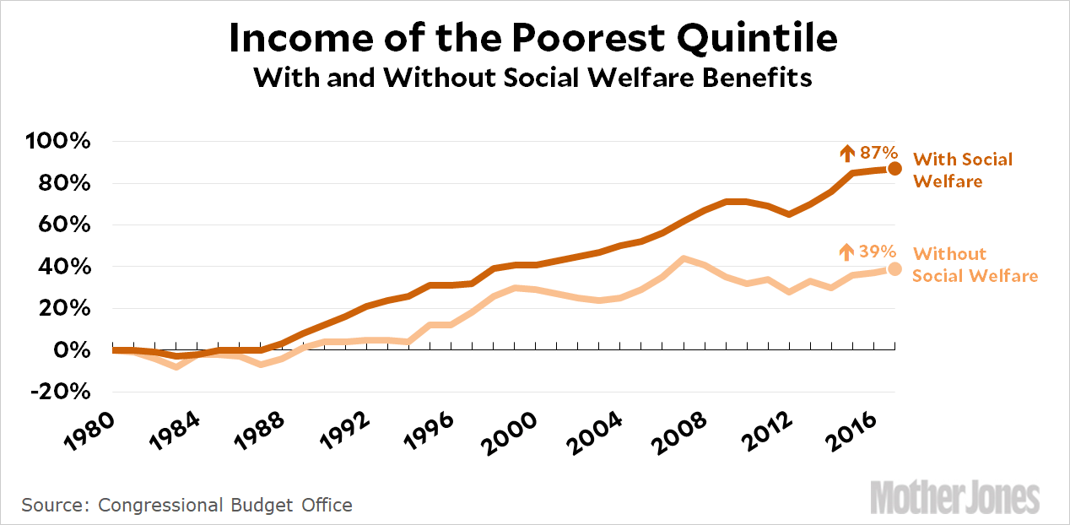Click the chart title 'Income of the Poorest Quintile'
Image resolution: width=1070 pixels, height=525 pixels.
[533, 40]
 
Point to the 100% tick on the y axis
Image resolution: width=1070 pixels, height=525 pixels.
[59, 141]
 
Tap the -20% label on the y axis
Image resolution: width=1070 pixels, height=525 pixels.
[59, 392]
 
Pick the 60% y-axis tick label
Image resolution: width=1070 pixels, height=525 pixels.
[63, 225]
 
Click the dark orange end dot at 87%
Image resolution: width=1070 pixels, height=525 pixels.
[894, 169]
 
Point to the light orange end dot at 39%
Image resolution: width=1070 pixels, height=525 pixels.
[894, 268]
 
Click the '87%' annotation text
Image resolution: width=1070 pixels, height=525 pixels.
[878, 153]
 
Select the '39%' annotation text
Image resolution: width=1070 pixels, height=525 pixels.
[878, 252]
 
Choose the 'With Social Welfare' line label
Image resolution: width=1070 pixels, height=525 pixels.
[962, 170]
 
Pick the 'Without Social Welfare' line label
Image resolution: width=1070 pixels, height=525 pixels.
[975, 264]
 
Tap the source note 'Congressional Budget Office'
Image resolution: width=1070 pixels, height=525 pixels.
[225, 505]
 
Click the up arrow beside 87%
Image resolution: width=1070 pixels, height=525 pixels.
[847, 153]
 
